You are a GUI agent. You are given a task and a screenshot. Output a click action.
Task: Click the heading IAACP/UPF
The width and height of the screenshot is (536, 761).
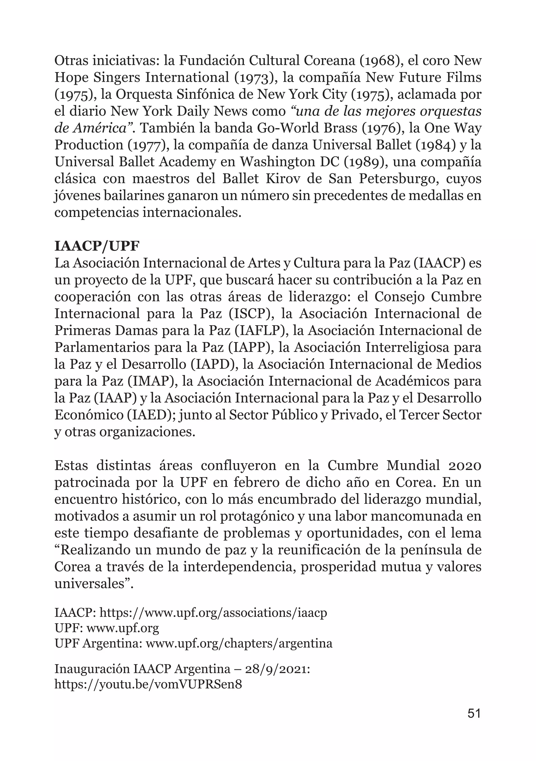[x=97, y=247]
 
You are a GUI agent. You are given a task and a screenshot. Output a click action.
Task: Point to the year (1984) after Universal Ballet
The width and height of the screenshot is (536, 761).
[x=435, y=145]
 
